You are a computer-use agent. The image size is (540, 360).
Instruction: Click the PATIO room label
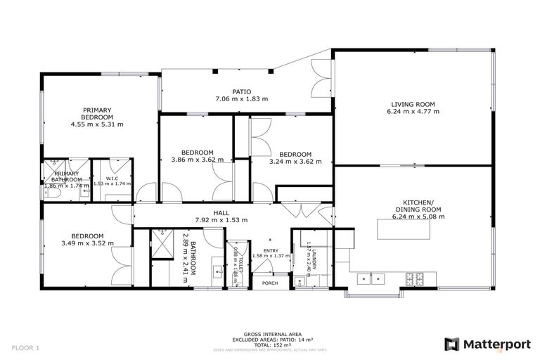point(242,91)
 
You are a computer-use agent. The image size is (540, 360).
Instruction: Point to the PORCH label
point(270,284)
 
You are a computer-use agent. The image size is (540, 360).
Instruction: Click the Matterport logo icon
point(452,344)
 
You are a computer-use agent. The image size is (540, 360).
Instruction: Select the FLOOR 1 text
point(26,347)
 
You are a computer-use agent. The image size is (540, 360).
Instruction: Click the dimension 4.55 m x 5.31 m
point(96,124)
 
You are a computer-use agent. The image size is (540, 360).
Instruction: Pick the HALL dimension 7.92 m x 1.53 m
point(222,220)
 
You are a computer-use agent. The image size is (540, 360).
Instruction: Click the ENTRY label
point(271,250)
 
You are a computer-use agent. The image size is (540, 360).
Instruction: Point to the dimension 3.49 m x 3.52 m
point(88,243)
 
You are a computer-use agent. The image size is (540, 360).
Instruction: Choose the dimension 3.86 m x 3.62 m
point(197,160)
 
